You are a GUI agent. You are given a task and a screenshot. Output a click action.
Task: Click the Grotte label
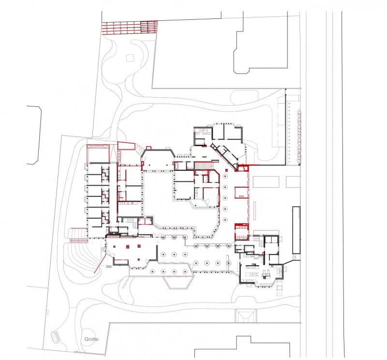click(91, 339)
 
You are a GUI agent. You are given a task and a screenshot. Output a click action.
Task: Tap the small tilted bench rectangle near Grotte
click(56, 337)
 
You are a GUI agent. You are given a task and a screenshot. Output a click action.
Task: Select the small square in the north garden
click(130, 58)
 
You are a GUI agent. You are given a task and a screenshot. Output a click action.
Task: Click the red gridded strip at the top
click(130, 28)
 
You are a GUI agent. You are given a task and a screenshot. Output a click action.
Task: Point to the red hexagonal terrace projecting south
click(178, 282)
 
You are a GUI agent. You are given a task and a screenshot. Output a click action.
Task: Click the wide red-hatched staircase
click(203, 165)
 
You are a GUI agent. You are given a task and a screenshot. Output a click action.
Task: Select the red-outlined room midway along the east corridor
click(241, 193)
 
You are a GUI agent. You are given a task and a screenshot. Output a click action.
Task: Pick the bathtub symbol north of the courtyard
click(178, 165)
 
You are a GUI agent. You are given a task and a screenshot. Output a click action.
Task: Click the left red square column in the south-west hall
click(128, 246)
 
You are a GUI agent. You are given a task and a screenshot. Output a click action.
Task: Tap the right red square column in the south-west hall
click(139, 246)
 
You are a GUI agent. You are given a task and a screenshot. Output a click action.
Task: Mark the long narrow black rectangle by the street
click(296, 230)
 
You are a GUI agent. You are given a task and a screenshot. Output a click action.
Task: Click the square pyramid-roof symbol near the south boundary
click(246, 315)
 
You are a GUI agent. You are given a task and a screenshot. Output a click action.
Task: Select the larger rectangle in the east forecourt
click(266, 182)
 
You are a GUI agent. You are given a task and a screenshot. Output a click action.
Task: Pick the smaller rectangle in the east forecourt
click(293, 182)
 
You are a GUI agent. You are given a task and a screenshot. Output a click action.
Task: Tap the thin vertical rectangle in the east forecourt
click(254, 210)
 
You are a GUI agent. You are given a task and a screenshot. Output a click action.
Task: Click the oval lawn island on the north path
click(245, 97)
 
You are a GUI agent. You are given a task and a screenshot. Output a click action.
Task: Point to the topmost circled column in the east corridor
click(225, 176)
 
